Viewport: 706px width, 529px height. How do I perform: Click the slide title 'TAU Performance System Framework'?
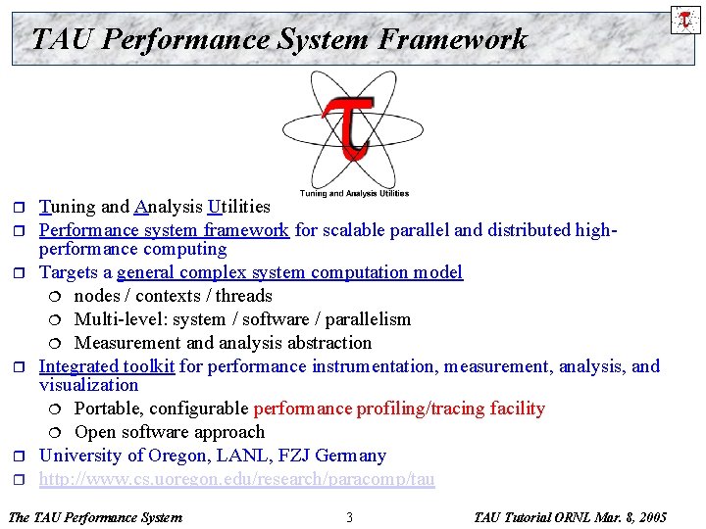[x=279, y=39]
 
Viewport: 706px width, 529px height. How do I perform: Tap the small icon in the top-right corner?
[x=684, y=19]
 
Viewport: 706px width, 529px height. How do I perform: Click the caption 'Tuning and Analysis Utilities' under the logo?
[x=354, y=193]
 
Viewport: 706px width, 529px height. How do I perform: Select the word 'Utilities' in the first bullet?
[x=239, y=207]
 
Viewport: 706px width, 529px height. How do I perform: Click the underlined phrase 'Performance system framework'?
[x=164, y=230]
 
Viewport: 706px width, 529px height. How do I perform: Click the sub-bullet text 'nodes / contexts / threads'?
[x=173, y=296]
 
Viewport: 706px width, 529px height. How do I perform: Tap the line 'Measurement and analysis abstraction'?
[x=223, y=343]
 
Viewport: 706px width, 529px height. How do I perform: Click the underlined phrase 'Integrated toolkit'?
[x=107, y=366]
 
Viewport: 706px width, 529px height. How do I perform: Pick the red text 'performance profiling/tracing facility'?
[x=399, y=409]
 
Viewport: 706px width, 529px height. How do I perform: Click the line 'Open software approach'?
[x=169, y=432]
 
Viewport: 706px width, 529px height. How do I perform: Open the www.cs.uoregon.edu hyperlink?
[x=236, y=479]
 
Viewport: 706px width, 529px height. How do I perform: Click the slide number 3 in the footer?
[x=349, y=517]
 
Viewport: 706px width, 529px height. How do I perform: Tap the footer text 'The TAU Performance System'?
[x=94, y=517]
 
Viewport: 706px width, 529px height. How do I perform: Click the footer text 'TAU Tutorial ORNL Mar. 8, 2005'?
[x=570, y=517]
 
